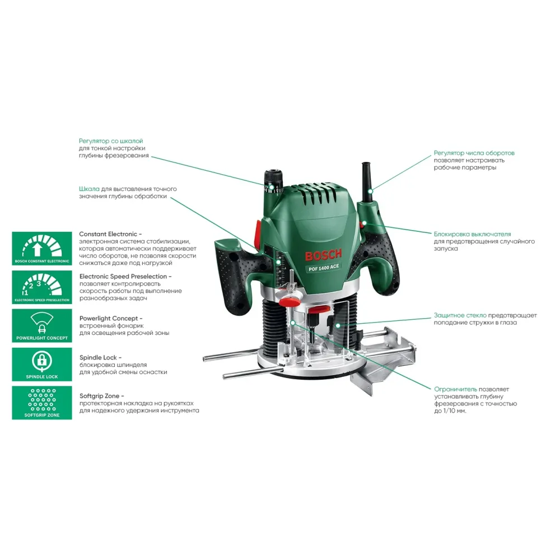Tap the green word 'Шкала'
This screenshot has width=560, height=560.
(89, 189)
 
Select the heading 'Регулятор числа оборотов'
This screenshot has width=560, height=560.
(474, 153)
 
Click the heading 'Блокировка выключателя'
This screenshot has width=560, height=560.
(472, 234)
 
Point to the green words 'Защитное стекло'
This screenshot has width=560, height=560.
(460, 315)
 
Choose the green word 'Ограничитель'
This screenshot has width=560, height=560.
(455, 389)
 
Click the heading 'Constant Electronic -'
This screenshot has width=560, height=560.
(110, 234)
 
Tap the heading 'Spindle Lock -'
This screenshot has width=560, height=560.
(100, 357)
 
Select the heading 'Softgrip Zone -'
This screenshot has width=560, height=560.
(102, 395)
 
